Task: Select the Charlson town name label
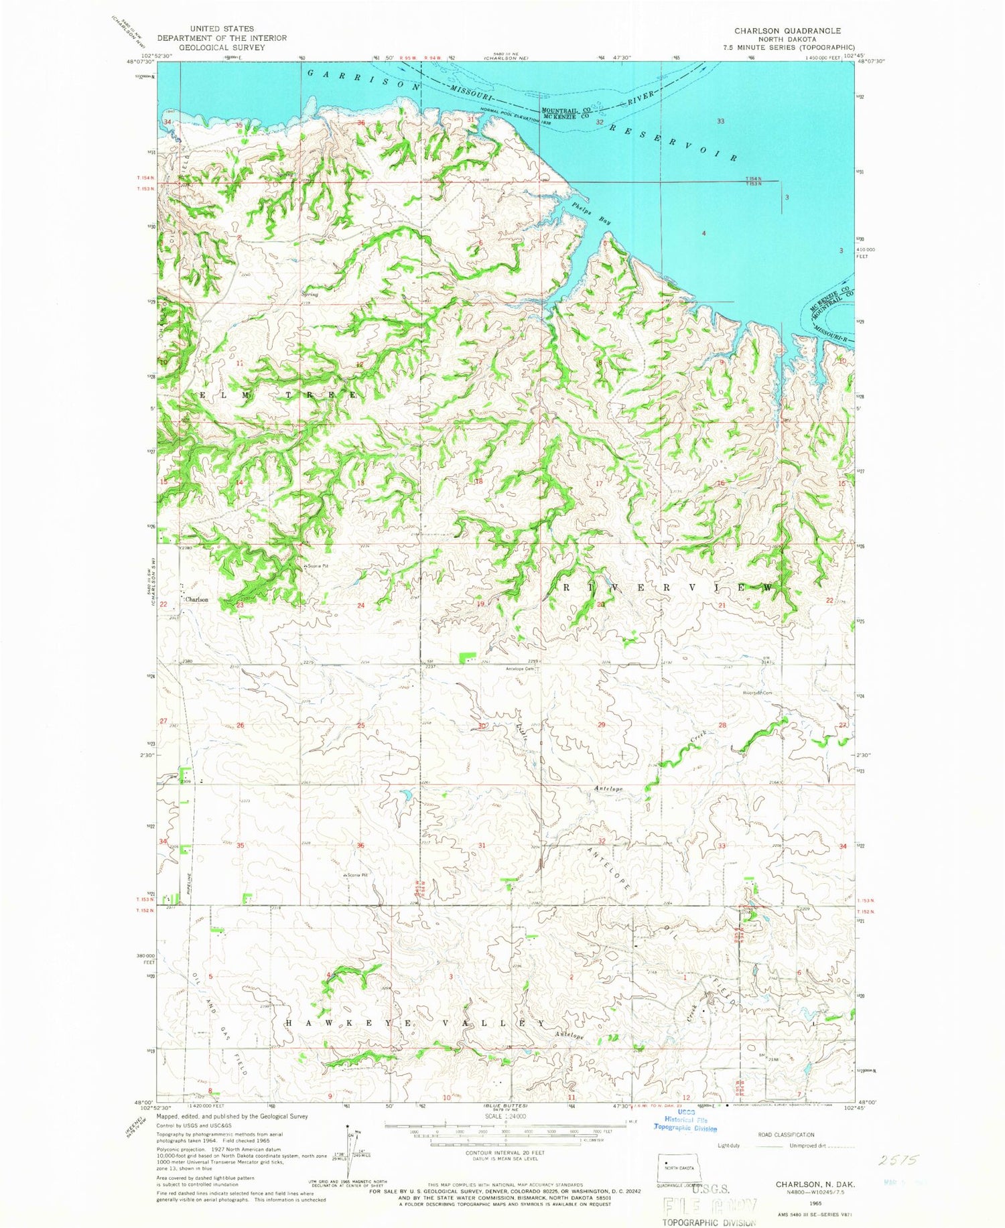coord(196,600)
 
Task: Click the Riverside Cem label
coord(762,693)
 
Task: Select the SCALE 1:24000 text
coord(506,1117)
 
